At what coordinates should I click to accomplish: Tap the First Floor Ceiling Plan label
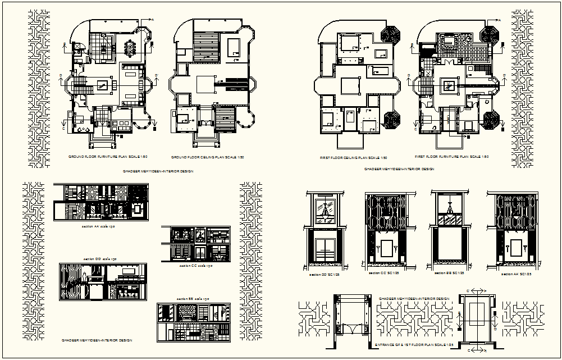(349, 158)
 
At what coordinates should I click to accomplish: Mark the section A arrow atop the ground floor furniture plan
(147, 20)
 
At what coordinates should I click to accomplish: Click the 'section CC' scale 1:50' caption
(194, 266)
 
